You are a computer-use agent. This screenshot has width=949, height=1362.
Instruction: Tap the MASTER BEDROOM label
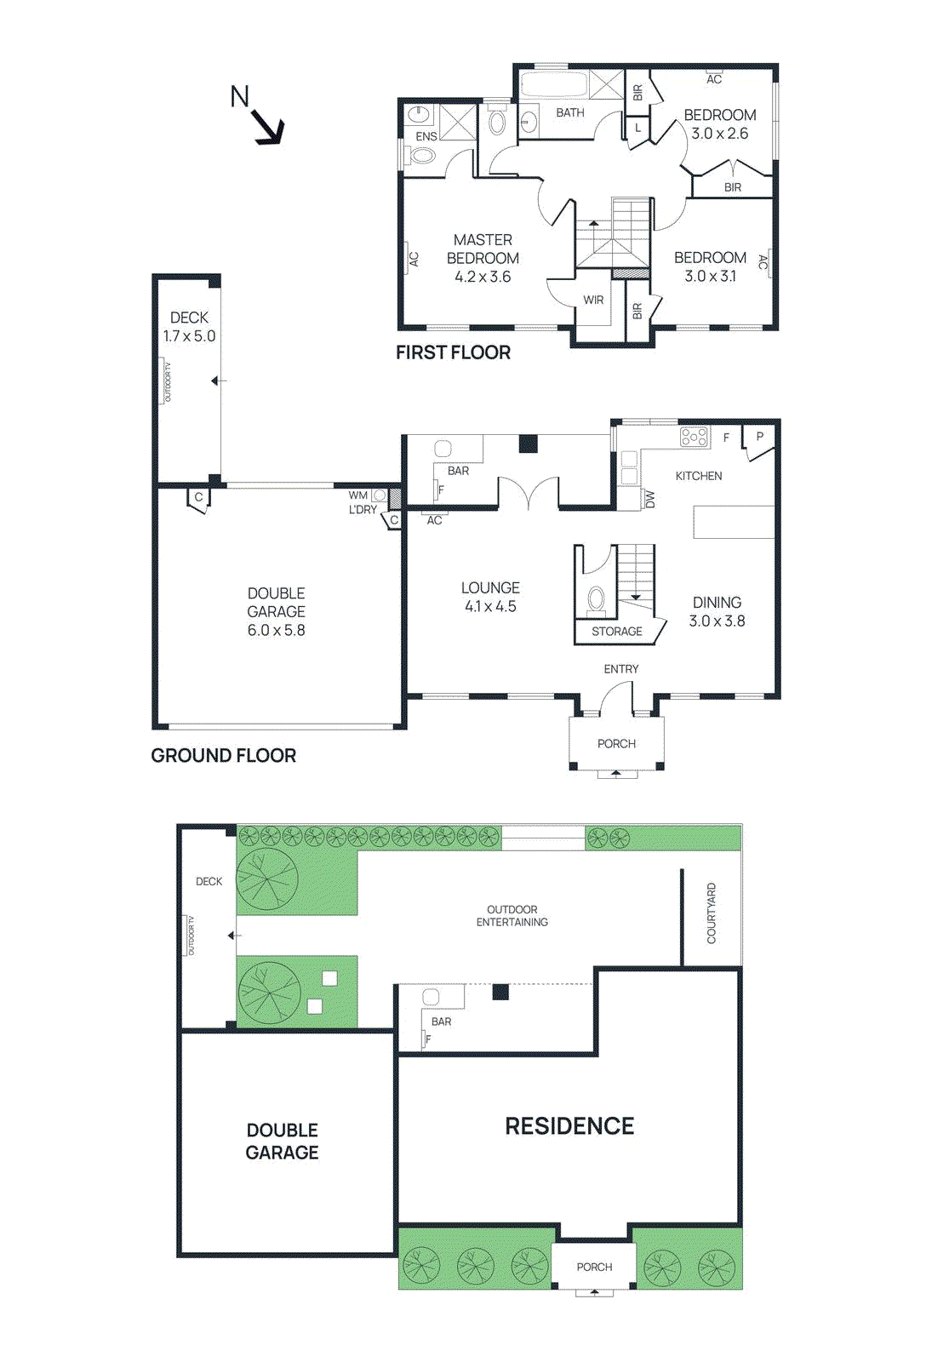(x=483, y=249)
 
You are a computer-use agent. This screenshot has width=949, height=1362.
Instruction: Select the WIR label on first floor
(x=593, y=300)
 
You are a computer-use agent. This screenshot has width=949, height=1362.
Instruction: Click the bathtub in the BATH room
(x=553, y=85)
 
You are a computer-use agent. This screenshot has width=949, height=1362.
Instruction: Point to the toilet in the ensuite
(x=422, y=156)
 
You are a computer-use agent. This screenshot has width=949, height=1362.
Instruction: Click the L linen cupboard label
(x=637, y=128)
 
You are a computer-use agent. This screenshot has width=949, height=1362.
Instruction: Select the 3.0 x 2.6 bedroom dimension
(x=719, y=134)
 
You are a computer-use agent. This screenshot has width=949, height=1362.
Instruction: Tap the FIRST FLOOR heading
(x=453, y=352)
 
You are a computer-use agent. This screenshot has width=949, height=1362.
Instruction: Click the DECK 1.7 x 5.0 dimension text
(x=189, y=336)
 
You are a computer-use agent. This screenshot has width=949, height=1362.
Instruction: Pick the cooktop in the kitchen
(x=695, y=438)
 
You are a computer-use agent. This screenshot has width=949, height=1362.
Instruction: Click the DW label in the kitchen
(x=650, y=499)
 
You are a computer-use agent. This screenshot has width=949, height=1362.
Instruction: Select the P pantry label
(x=759, y=437)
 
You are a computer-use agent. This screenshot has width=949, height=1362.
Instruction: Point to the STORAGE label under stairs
(x=616, y=632)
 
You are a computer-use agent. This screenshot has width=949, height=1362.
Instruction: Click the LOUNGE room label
(x=490, y=588)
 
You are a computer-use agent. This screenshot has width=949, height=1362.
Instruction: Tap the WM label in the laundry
(x=357, y=495)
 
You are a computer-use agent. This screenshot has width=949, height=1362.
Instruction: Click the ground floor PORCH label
(x=616, y=744)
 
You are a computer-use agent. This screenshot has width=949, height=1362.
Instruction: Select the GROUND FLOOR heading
(x=223, y=756)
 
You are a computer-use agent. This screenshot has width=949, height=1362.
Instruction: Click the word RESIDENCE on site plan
(x=569, y=1126)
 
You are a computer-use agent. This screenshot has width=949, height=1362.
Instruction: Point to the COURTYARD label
(x=712, y=913)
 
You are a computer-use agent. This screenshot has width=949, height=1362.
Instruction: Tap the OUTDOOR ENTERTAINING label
(x=512, y=916)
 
